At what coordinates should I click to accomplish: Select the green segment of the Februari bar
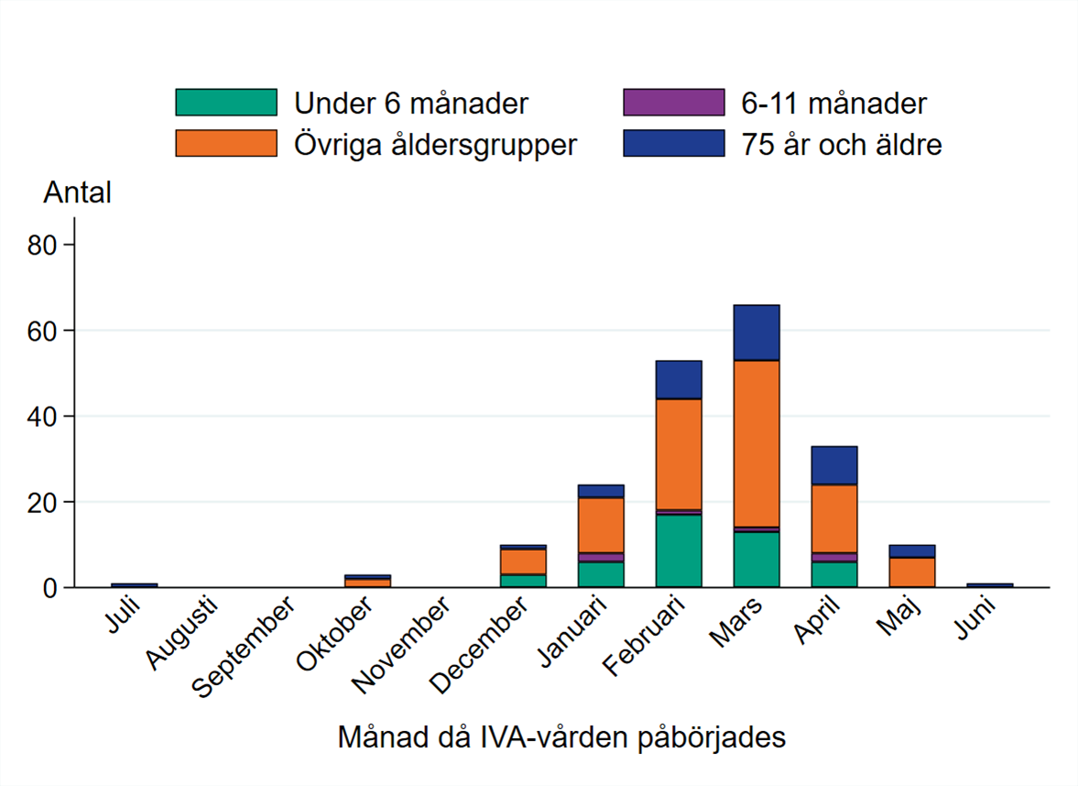(679, 551)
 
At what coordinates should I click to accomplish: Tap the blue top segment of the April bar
(834, 465)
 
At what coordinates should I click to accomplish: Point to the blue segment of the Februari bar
(679, 380)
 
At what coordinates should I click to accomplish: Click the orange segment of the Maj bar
(912, 572)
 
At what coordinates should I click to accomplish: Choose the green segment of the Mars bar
(757, 559)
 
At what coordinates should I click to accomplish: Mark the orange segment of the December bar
(523, 562)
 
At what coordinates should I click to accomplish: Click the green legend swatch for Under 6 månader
(225, 103)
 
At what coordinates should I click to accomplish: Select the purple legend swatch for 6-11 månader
(673, 103)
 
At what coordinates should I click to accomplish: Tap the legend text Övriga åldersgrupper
(435, 145)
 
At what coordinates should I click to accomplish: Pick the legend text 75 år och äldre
(842, 145)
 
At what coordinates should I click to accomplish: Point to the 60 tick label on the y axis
(45, 331)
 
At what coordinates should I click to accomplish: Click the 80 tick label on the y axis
(45, 245)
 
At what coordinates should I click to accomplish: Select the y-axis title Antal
(77, 193)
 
